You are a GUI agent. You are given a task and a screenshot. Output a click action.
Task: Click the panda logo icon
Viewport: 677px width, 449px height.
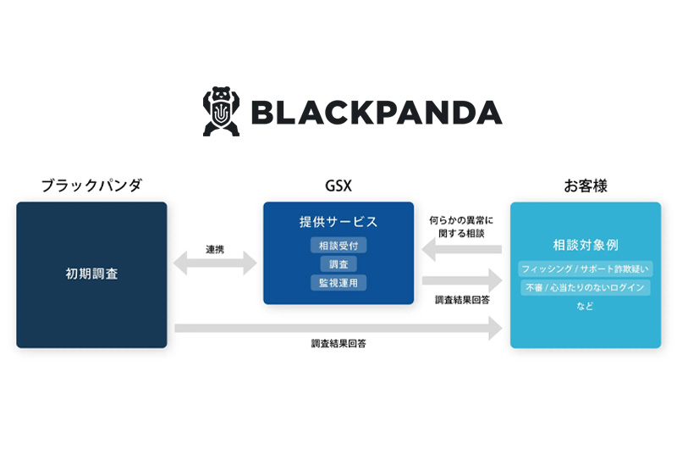221,112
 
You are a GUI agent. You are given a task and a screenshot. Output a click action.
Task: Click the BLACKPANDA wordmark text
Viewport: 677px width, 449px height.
377,113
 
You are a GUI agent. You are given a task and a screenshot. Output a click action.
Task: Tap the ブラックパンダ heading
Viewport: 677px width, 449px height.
91,186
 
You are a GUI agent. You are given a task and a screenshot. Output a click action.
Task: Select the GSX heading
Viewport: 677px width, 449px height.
338,186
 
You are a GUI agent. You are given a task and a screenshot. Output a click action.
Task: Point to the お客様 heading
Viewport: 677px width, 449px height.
586,186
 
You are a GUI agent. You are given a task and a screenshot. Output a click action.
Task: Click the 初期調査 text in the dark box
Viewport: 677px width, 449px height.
91,274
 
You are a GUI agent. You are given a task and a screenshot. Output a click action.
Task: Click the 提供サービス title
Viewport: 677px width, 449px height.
338,222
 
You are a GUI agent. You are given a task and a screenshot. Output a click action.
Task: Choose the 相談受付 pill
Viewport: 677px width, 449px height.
338,246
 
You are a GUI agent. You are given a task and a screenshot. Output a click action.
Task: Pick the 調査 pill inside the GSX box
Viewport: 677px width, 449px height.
338,264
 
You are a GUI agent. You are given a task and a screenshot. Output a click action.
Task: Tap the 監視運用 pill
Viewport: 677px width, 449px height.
338,283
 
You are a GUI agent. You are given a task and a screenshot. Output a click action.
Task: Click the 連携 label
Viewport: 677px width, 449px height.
215,249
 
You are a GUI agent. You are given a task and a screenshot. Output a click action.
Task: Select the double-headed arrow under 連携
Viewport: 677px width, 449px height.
215,263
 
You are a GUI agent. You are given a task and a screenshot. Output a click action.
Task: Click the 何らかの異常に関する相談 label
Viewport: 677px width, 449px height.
461,227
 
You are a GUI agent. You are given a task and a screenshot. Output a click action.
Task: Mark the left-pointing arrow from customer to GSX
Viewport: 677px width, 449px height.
461,249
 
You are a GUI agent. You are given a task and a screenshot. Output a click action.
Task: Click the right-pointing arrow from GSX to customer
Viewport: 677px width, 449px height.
462,281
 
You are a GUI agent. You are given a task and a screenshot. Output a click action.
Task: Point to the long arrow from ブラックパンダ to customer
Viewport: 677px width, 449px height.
338,329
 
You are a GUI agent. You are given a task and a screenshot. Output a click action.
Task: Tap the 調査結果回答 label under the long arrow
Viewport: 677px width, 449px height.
338,344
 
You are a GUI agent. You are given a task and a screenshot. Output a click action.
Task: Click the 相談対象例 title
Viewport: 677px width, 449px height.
586,245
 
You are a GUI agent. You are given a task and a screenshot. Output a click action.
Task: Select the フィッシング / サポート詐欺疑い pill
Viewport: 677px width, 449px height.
586,269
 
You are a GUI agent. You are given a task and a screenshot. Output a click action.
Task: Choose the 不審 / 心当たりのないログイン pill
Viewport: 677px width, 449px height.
586,288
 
